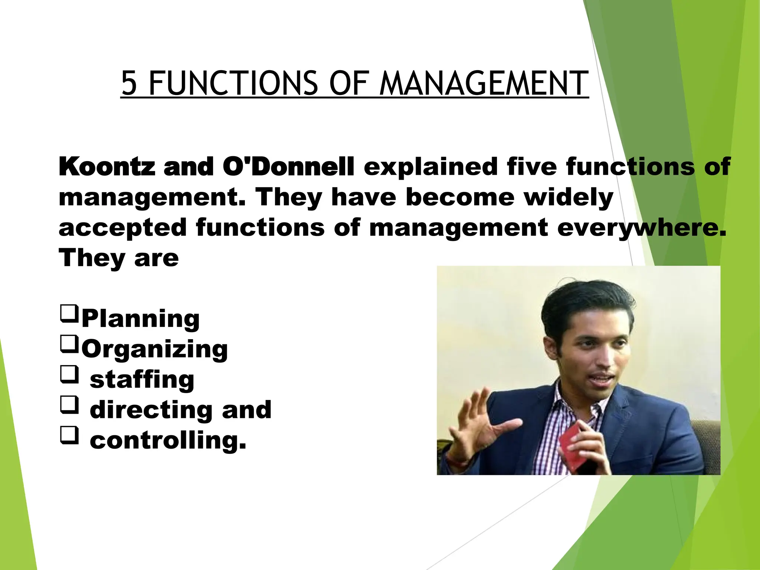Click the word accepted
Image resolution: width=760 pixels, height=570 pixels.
(x=122, y=228)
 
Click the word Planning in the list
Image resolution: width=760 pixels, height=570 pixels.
(x=140, y=318)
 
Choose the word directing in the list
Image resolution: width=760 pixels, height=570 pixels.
(x=151, y=410)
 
